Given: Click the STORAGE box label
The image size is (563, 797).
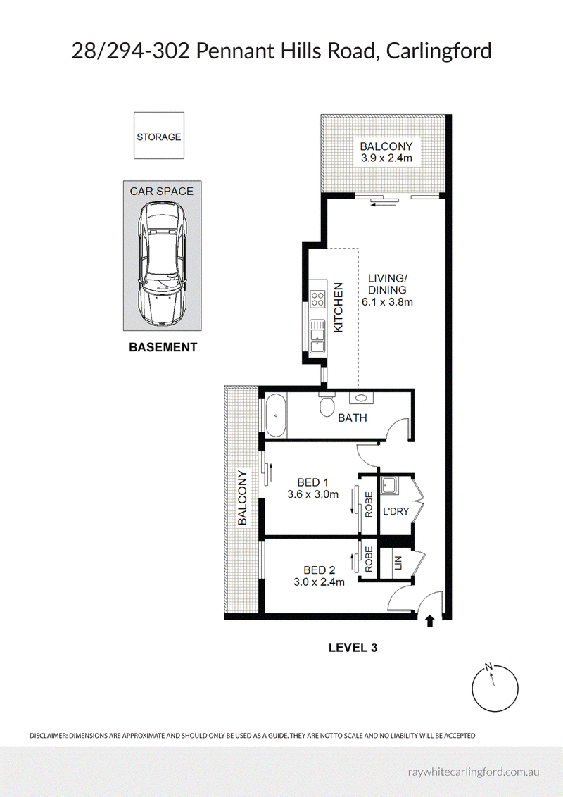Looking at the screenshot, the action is tap(158, 137).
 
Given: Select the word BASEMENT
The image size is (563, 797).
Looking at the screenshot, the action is tap(163, 348).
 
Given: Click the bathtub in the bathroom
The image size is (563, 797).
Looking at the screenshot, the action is tap(276, 415).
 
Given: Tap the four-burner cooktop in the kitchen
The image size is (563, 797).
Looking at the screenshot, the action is tap(317, 298).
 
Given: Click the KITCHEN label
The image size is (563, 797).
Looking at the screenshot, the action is tap(339, 308).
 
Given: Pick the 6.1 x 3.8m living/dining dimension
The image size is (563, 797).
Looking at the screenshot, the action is tap(386, 302).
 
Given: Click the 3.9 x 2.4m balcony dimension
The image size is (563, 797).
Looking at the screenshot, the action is tap(386, 158).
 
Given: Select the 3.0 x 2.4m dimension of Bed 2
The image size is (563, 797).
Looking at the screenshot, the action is tap(319, 582).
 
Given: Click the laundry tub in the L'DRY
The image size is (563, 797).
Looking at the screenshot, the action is tap(390, 487).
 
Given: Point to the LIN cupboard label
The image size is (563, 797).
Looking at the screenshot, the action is tap(398, 563).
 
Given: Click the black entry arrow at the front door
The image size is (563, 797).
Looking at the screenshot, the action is tap(430, 620).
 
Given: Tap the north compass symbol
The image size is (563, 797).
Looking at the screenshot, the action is tap(495, 689).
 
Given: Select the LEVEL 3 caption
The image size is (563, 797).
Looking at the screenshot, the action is tap(353, 648).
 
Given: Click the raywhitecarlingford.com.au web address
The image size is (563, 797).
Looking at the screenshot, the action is tap(474, 772).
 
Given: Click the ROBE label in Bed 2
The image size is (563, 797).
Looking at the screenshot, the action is tap(369, 559).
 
